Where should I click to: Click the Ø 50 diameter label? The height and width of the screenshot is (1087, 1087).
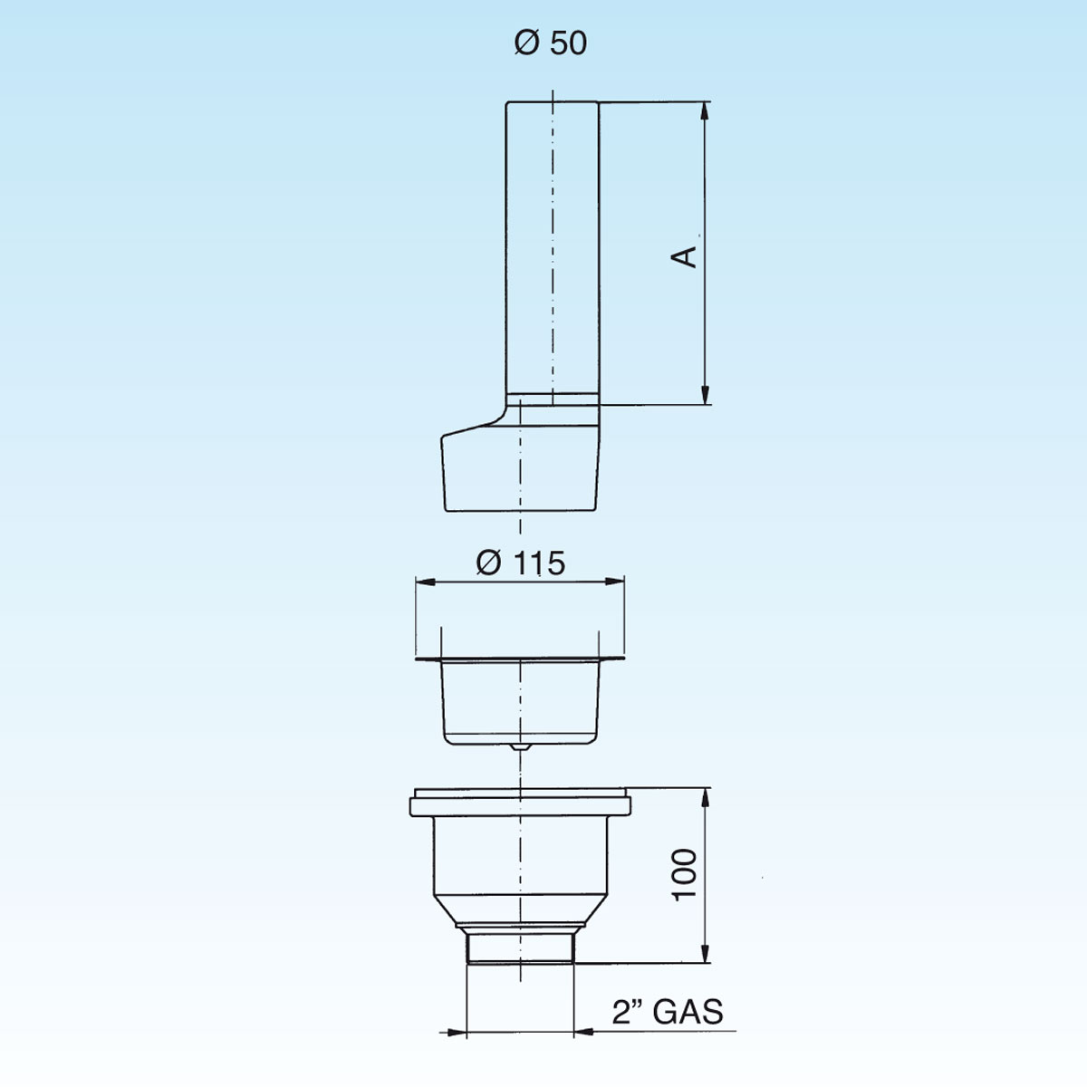click(x=551, y=43)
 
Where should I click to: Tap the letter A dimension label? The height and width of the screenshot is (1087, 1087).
click(x=684, y=256)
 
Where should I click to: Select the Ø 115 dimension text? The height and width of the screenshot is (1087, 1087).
click(x=520, y=563)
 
